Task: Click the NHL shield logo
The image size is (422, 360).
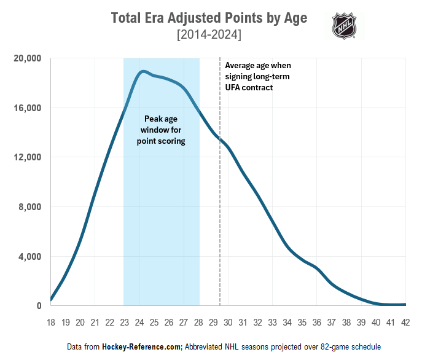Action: (x=344, y=26)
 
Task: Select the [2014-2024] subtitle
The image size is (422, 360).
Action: (x=209, y=36)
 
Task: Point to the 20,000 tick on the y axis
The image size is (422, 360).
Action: (x=26, y=58)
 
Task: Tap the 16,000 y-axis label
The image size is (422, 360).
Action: (x=26, y=108)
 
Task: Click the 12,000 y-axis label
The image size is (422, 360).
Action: (x=26, y=157)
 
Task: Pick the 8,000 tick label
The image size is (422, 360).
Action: (x=29, y=207)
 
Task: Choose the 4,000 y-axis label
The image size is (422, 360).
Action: (x=29, y=257)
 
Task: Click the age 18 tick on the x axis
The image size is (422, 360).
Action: (x=50, y=321)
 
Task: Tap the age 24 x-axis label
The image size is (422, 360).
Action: (x=139, y=321)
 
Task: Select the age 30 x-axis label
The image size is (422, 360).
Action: (x=228, y=321)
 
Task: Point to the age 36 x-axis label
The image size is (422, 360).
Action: (x=316, y=321)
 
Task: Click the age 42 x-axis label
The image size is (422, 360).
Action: (x=405, y=321)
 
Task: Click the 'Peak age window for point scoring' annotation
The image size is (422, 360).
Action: (x=161, y=130)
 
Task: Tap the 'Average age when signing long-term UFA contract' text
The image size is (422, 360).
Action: (x=258, y=76)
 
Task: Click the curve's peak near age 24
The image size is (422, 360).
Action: (x=143, y=71)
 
